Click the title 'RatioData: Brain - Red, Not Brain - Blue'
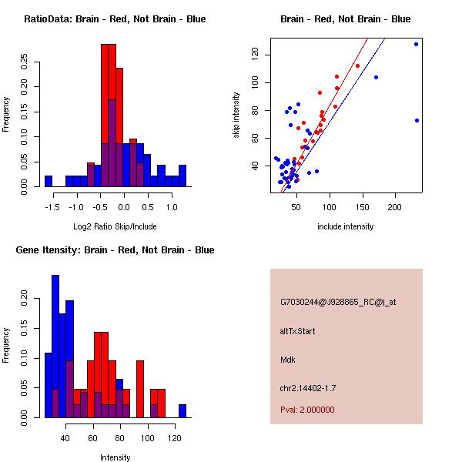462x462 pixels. tap(115, 19)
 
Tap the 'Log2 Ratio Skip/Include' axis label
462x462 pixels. tap(115, 226)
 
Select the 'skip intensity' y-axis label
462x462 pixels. tap(237, 115)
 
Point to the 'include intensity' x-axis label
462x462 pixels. tap(346, 226)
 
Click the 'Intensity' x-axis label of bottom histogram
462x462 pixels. tap(115, 457)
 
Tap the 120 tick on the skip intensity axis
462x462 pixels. tap(256, 55)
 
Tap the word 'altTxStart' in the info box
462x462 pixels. tap(298, 331)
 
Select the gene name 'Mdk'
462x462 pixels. tap(288, 360)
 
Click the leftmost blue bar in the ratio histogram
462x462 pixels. tap(48, 181)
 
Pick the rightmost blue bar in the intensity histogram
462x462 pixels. tap(182, 410)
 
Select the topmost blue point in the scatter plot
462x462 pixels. tap(416, 44)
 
